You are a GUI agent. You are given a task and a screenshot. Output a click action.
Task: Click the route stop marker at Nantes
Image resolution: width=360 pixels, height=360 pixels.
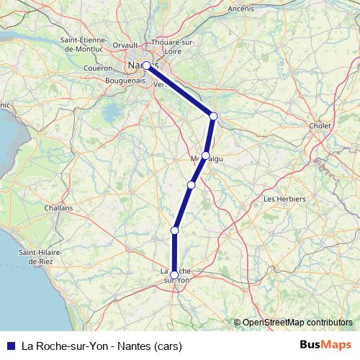click(x=146, y=66)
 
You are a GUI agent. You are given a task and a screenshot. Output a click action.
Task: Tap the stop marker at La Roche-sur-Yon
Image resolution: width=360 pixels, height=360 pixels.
click(x=174, y=274)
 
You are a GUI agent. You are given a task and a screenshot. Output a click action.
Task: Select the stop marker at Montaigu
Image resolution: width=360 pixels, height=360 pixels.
click(x=206, y=156)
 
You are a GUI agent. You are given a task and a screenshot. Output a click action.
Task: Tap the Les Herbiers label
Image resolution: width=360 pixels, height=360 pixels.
click(x=285, y=199)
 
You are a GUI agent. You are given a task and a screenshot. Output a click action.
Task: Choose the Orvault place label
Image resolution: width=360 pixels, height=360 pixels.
click(x=125, y=45)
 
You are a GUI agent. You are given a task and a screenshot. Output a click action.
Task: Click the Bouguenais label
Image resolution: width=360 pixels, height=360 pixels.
click(x=126, y=81)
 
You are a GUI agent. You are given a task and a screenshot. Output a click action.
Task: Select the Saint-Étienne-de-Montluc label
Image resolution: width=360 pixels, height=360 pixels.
click(x=86, y=45)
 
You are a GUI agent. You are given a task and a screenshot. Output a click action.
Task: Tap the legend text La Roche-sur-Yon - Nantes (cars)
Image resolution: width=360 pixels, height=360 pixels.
click(x=102, y=345)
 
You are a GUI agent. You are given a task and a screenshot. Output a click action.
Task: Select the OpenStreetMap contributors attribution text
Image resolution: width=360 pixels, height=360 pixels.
click(x=297, y=322)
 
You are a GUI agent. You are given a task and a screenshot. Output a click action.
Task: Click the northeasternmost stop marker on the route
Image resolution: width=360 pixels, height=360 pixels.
click(x=213, y=116)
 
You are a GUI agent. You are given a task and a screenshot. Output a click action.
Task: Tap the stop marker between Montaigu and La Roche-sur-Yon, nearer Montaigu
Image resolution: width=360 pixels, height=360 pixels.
click(x=191, y=185)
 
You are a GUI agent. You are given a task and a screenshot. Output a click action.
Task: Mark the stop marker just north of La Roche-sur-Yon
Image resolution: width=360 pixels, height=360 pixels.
click(x=174, y=230)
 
